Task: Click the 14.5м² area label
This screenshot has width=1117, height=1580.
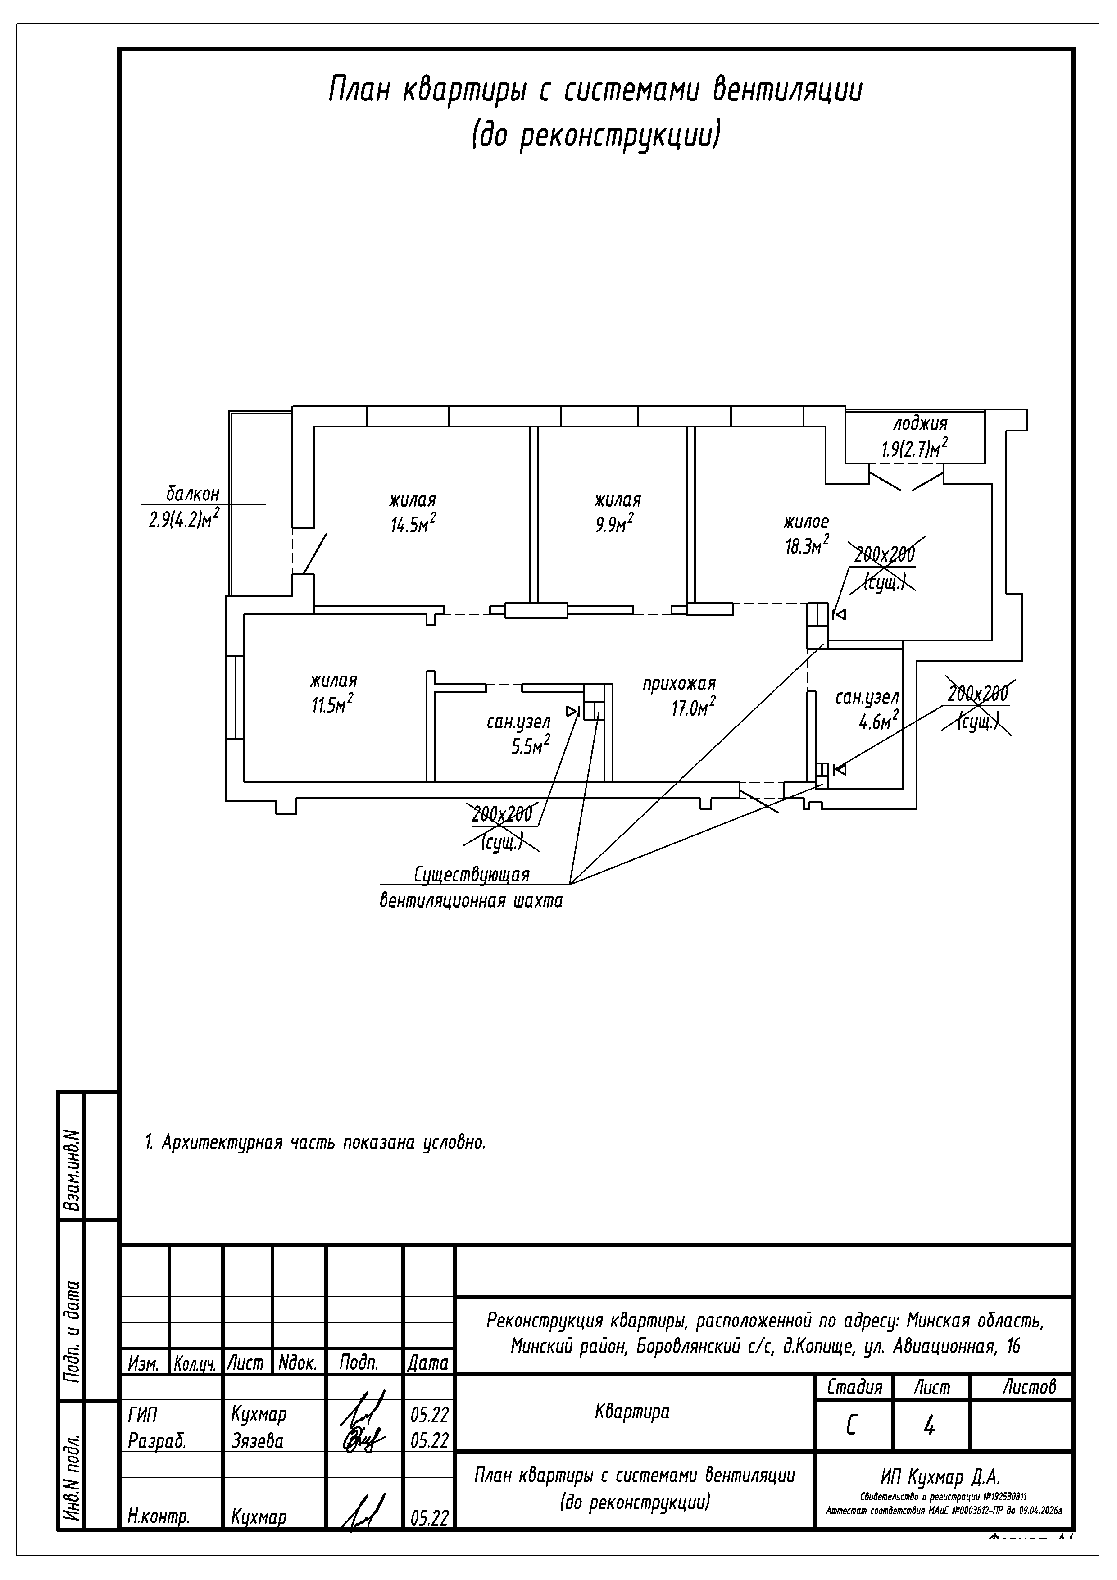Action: tap(413, 526)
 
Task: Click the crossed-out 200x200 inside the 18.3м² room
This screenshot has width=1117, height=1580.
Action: tap(885, 554)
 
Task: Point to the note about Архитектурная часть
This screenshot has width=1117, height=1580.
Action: tap(315, 1143)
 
